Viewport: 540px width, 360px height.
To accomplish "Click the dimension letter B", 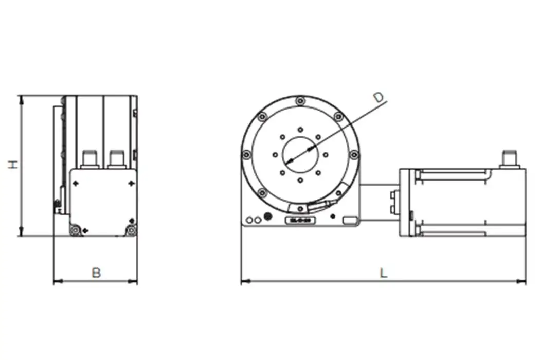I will (x=96, y=273).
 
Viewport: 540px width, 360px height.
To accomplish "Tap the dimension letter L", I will (x=383, y=273).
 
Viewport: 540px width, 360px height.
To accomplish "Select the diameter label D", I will (x=379, y=97).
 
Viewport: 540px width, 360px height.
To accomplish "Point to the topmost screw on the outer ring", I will (x=300, y=101).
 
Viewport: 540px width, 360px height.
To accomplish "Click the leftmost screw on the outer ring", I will (x=246, y=154).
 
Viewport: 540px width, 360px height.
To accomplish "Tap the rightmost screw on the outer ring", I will (x=354, y=154).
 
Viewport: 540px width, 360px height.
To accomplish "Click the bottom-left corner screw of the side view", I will (x=76, y=230).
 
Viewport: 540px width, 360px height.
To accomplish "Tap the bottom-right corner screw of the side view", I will (x=131, y=230).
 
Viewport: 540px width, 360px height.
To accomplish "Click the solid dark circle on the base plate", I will (x=267, y=217).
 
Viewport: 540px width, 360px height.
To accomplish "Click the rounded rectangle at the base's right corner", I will (x=349, y=221).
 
